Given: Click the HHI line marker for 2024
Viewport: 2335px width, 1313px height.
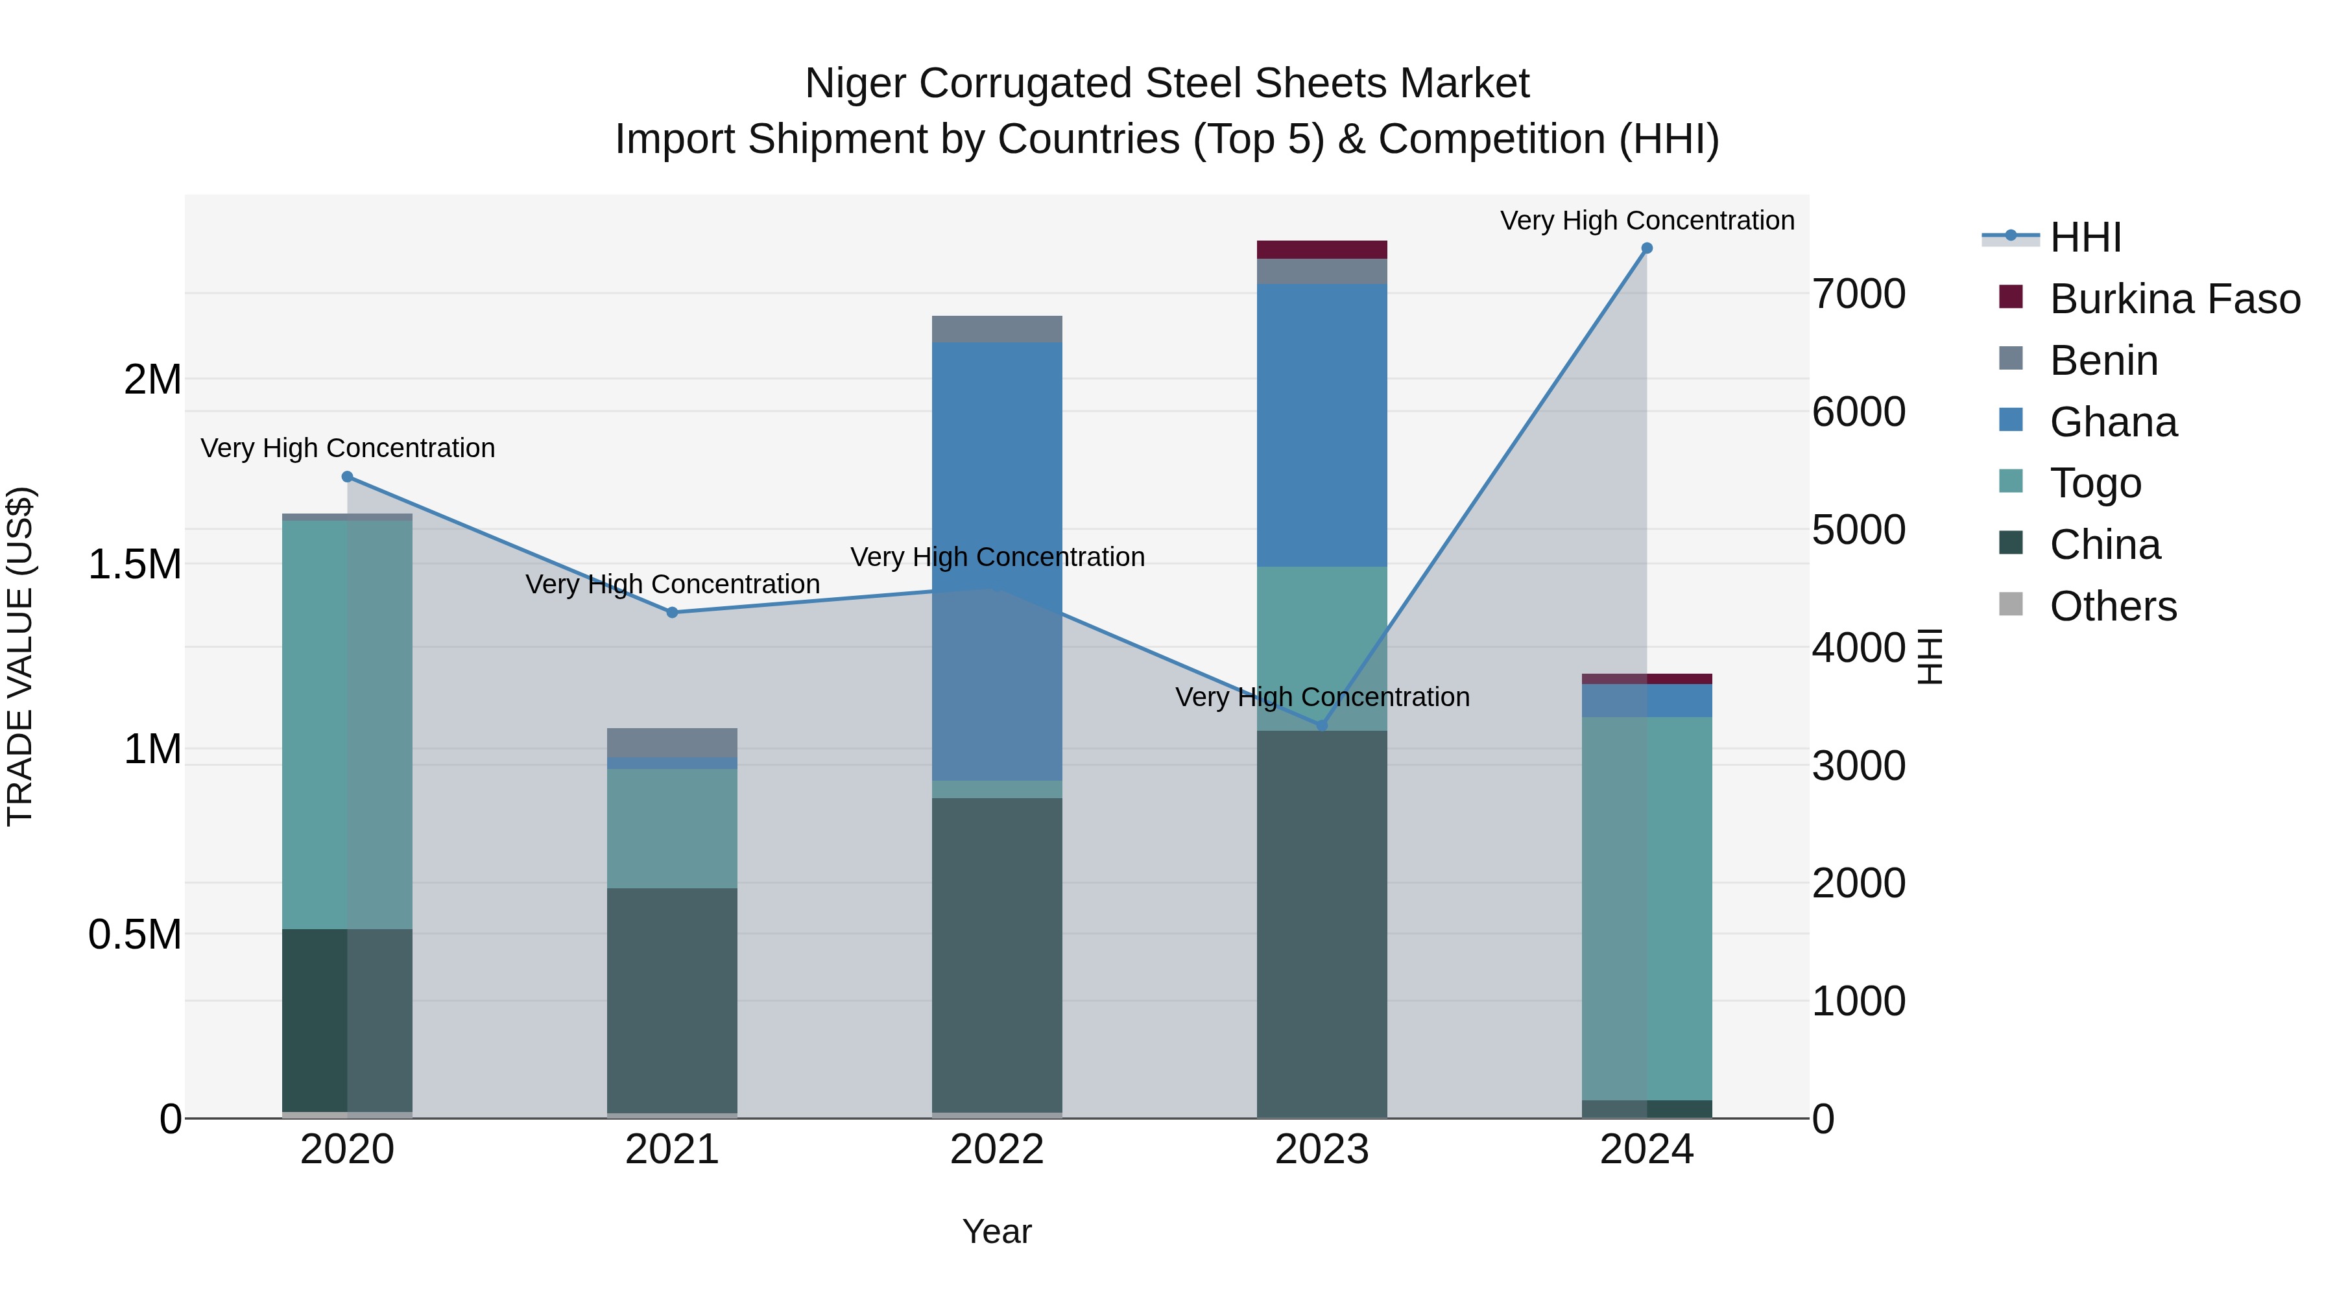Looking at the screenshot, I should [1646, 248].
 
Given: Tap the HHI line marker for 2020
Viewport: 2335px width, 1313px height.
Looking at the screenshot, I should [347, 477].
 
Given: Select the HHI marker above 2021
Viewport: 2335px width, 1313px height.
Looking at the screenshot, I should [672, 613].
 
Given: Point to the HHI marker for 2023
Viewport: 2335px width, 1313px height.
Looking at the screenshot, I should [1322, 725].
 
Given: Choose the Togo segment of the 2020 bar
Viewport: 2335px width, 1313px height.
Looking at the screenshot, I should [347, 725].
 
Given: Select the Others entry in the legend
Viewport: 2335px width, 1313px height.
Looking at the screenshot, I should [2112, 606].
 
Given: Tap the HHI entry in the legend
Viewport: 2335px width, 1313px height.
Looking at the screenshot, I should [2085, 237].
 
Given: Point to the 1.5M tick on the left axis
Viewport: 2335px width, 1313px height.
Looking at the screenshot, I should [135, 565].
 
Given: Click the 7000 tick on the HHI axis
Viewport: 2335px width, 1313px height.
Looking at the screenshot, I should [1858, 294].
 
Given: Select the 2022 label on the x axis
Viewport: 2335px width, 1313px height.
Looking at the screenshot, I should [996, 1150].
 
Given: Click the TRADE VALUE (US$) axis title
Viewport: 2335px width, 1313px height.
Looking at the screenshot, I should [21, 656].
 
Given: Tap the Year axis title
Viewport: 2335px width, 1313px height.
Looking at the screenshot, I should [996, 1231].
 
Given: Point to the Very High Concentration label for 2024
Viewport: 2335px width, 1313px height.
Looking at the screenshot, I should [1646, 220].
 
